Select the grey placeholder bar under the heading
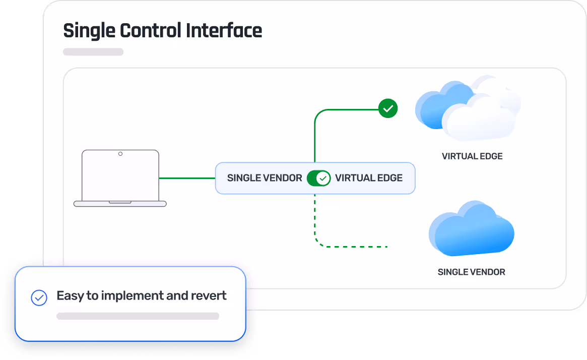tap(93, 52)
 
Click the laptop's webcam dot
tap(120, 154)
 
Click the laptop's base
tap(120, 204)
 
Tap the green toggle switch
tap(318, 178)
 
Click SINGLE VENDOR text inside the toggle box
tap(265, 178)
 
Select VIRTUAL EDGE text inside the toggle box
tap(369, 178)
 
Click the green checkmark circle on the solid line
tap(388, 108)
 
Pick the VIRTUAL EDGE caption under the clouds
tap(472, 156)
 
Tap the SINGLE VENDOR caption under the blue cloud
tap(471, 272)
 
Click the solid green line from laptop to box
tap(186, 178)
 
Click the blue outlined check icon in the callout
tap(39, 297)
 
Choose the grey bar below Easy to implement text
tap(138, 316)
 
